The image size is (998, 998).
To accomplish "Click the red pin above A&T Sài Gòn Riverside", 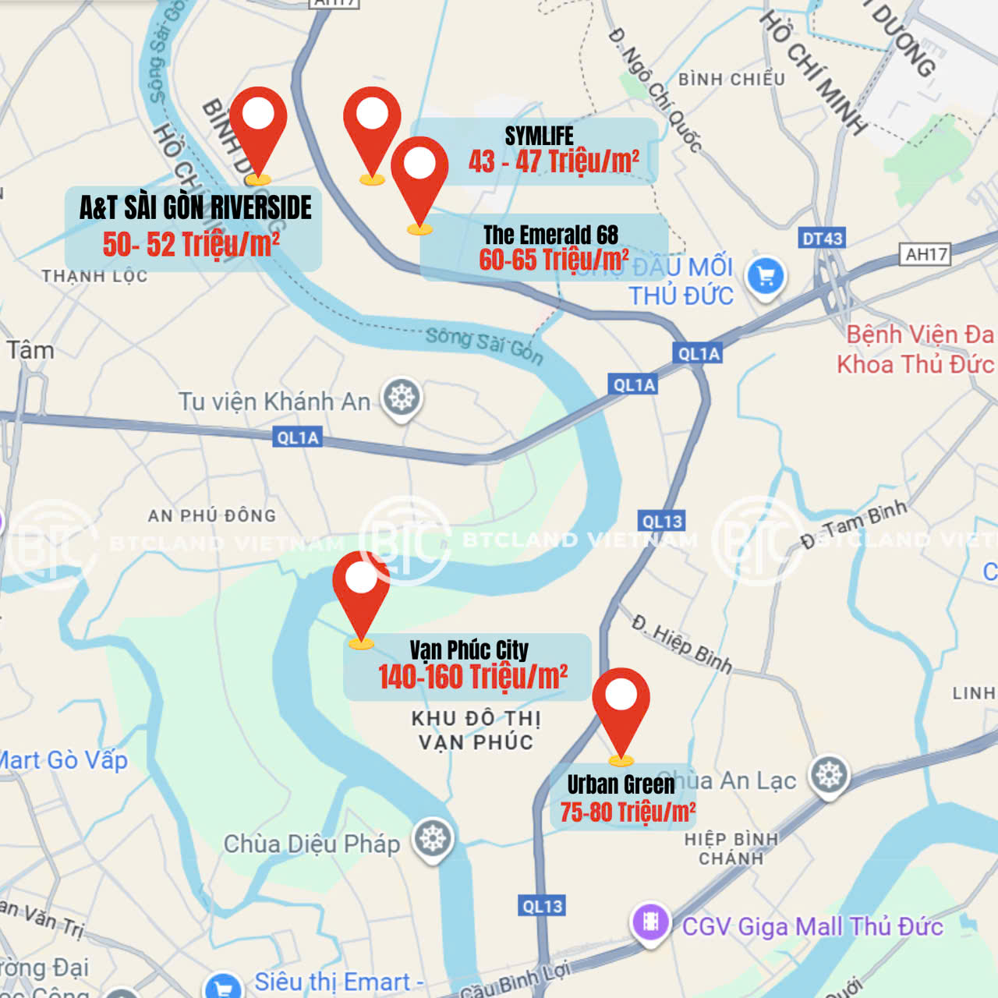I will point(258,125).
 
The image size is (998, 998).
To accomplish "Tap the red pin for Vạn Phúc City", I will point(361,589).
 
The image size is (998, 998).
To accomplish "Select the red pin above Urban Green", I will point(621,705).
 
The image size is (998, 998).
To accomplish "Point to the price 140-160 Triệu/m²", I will point(472,677).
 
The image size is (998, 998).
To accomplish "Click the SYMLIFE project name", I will point(539,136).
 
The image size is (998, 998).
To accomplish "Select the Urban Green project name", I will point(621,784).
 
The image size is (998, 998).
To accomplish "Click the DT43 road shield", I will point(822,239).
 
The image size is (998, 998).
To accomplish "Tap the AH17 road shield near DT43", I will point(926,254).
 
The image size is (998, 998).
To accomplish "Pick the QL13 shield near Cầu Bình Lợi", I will point(542,906).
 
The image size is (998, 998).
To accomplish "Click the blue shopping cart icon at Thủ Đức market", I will point(766,276).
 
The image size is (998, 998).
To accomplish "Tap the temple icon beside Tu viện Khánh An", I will point(402,398).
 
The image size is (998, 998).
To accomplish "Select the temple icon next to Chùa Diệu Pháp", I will point(433,839).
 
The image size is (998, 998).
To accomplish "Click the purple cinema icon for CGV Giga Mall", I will point(650,922).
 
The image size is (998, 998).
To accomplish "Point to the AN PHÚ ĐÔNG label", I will point(212,515).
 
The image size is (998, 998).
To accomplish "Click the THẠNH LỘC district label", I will point(94,276).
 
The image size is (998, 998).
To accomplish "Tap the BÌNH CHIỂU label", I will point(731,80).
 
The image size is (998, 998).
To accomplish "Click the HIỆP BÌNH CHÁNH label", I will point(731,848).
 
